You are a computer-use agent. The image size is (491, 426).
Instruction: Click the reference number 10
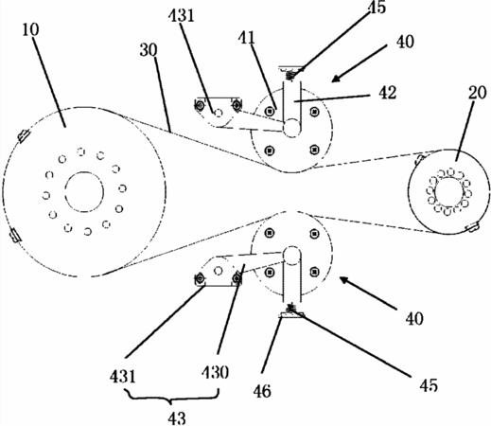pyautogui.click(x=31, y=30)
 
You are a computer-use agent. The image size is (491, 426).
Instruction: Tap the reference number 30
pyautogui.click(x=149, y=50)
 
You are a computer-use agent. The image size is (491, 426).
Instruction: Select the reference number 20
pyautogui.click(x=477, y=94)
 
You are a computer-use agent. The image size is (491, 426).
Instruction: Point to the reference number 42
pyautogui.click(x=387, y=93)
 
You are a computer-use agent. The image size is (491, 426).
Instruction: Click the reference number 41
pyautogui.click(x=247, y=38)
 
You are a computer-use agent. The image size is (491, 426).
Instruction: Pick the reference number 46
pyautogui.click(x=262, y=391)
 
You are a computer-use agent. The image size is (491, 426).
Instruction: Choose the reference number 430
pyautogui.click(x=216, y=372)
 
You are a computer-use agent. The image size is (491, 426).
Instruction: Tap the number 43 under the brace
pyautogui.click(x=177, y=418)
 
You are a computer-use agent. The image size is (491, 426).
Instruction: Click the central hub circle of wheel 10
pyautogui.click(x=84, y=192)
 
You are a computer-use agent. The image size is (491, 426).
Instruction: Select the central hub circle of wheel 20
pyautogui.click(x=449, y=191)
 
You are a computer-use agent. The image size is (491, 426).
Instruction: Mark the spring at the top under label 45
pyautogui.click(x=291, y=76)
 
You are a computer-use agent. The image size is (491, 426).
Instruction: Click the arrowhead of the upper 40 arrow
pyautogui.click(x=336, y=79)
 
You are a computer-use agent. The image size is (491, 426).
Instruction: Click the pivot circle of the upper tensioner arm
pyautogui.click(x=219, y=113)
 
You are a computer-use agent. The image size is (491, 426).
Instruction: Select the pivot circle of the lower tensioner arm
pyautogui.click(x=219, y=271)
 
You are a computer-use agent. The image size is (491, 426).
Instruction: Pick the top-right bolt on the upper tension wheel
pyautogui.click(x=314, y=111)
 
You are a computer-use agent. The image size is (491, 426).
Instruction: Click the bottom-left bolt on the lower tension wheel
pyautogui.click(x=269, y=272)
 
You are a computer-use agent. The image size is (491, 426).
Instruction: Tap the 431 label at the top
pyautogui.click(x=182, y=15)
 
